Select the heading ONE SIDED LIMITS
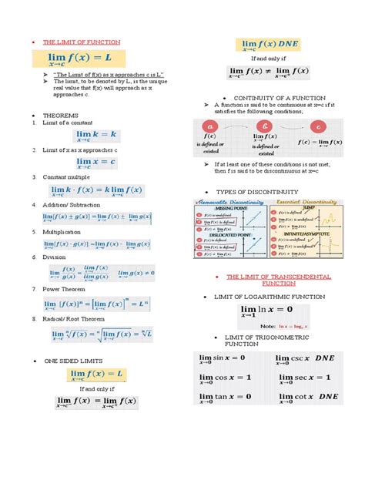pyautogui.click(x=73, y=360)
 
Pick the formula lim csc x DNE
pyautogui.click(x=309, y=358)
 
